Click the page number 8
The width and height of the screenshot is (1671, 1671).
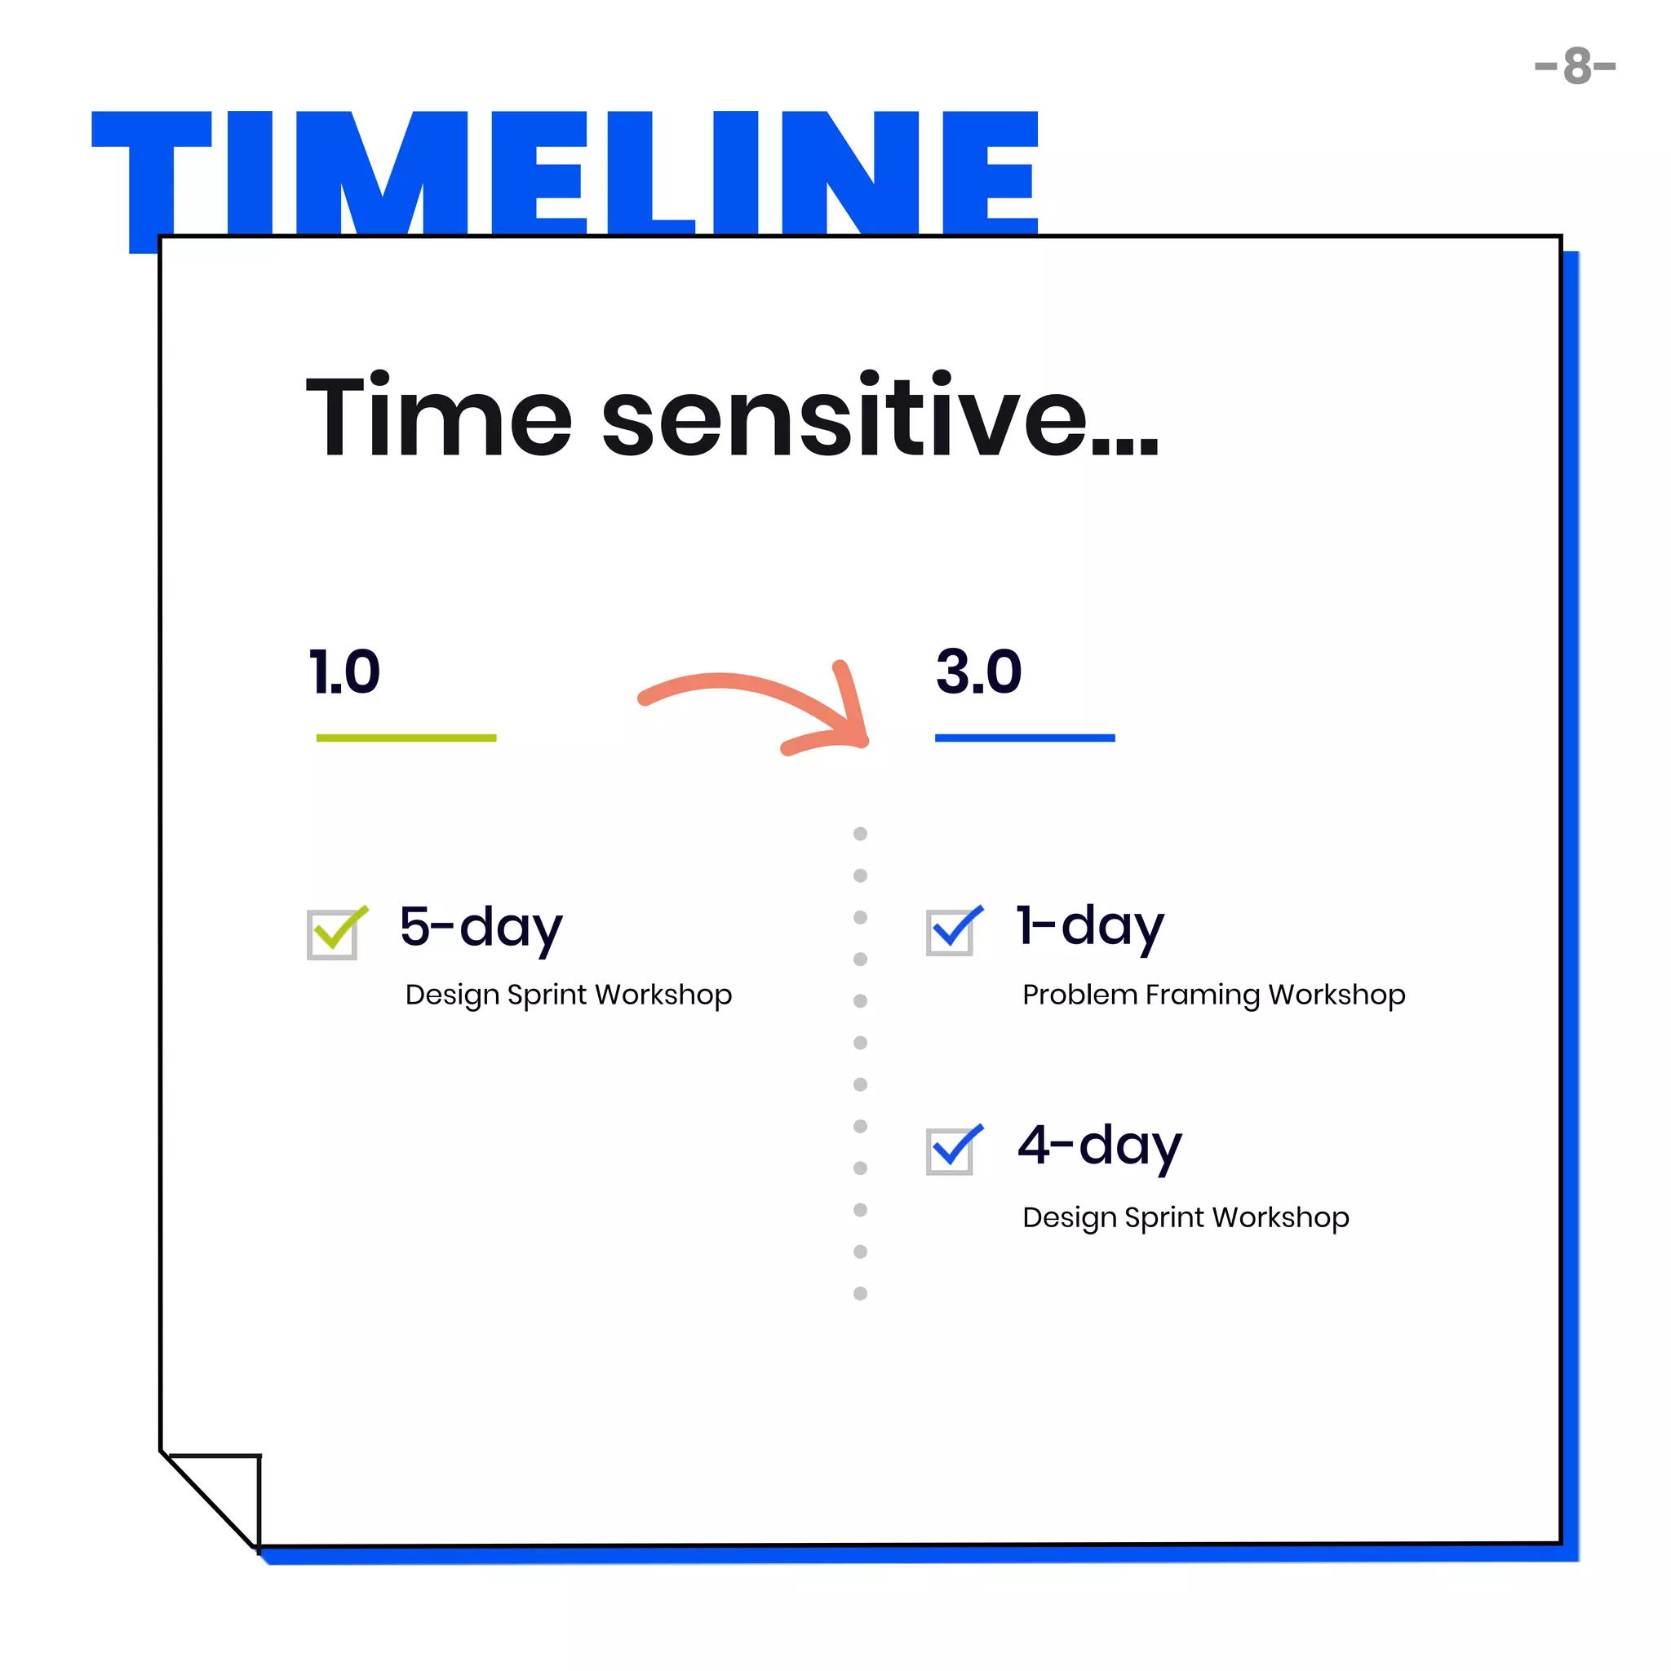tap(1575, 67)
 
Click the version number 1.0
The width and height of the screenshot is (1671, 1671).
tap(344, 672)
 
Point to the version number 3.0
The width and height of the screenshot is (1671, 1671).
tap(978, 672)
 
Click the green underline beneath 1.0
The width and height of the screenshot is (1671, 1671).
tap(406, 738)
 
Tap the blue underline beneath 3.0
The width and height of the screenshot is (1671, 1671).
tap(1024, 738)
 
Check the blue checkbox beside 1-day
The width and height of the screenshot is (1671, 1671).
tap(951, 932)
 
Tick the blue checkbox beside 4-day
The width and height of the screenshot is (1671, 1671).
tap(951, 1150)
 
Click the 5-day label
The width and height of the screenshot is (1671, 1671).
tap(481, 926)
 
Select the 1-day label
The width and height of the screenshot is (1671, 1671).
tap(1090, 925)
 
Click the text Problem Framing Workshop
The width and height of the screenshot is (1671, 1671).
tap(1213, 995)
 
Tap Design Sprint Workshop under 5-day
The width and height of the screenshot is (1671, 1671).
tap(568, 995)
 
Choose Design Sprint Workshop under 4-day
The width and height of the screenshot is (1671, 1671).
tap(1185, 1217)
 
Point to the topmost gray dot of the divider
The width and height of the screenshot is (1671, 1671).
tap(860, 834)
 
